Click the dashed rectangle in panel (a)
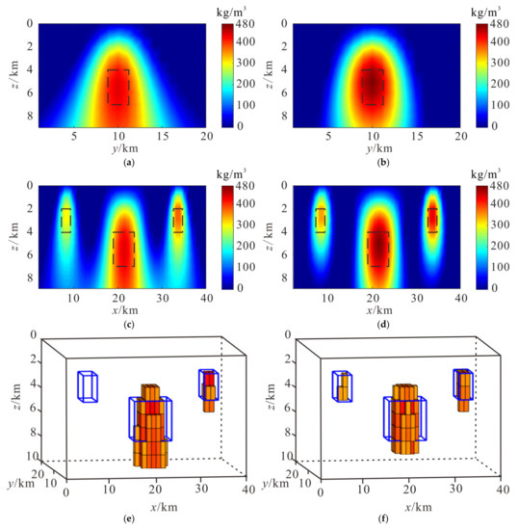coord(118,87)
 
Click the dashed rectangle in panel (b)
coord(372,87)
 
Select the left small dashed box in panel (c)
coord(65,220)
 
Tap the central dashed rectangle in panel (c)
coord(123,249)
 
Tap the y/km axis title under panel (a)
coord(117,150)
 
